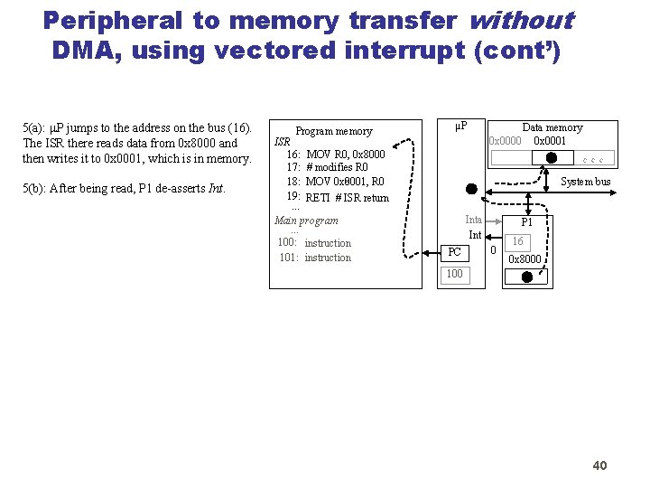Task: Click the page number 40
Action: coord(599,465)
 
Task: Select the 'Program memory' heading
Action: coord(334,131)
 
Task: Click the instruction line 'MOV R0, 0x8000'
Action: coord(346,154)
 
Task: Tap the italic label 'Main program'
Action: coord(306,221)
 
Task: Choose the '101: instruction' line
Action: coord(314,258)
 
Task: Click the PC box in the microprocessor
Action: coord(455,252)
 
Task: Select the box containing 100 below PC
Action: coord(454,274)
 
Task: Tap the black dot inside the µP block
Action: coord(470,190)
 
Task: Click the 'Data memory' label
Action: coord(552,127)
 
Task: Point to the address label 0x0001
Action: coord(550,140)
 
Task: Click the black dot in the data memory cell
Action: coord(552,157)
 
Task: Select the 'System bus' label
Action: coord(585,182)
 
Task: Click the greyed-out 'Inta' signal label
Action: coord(473,220)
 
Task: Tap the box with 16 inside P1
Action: coord(517,241)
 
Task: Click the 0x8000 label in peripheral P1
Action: coord(525,259)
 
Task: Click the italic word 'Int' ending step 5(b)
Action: coord(216,189)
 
